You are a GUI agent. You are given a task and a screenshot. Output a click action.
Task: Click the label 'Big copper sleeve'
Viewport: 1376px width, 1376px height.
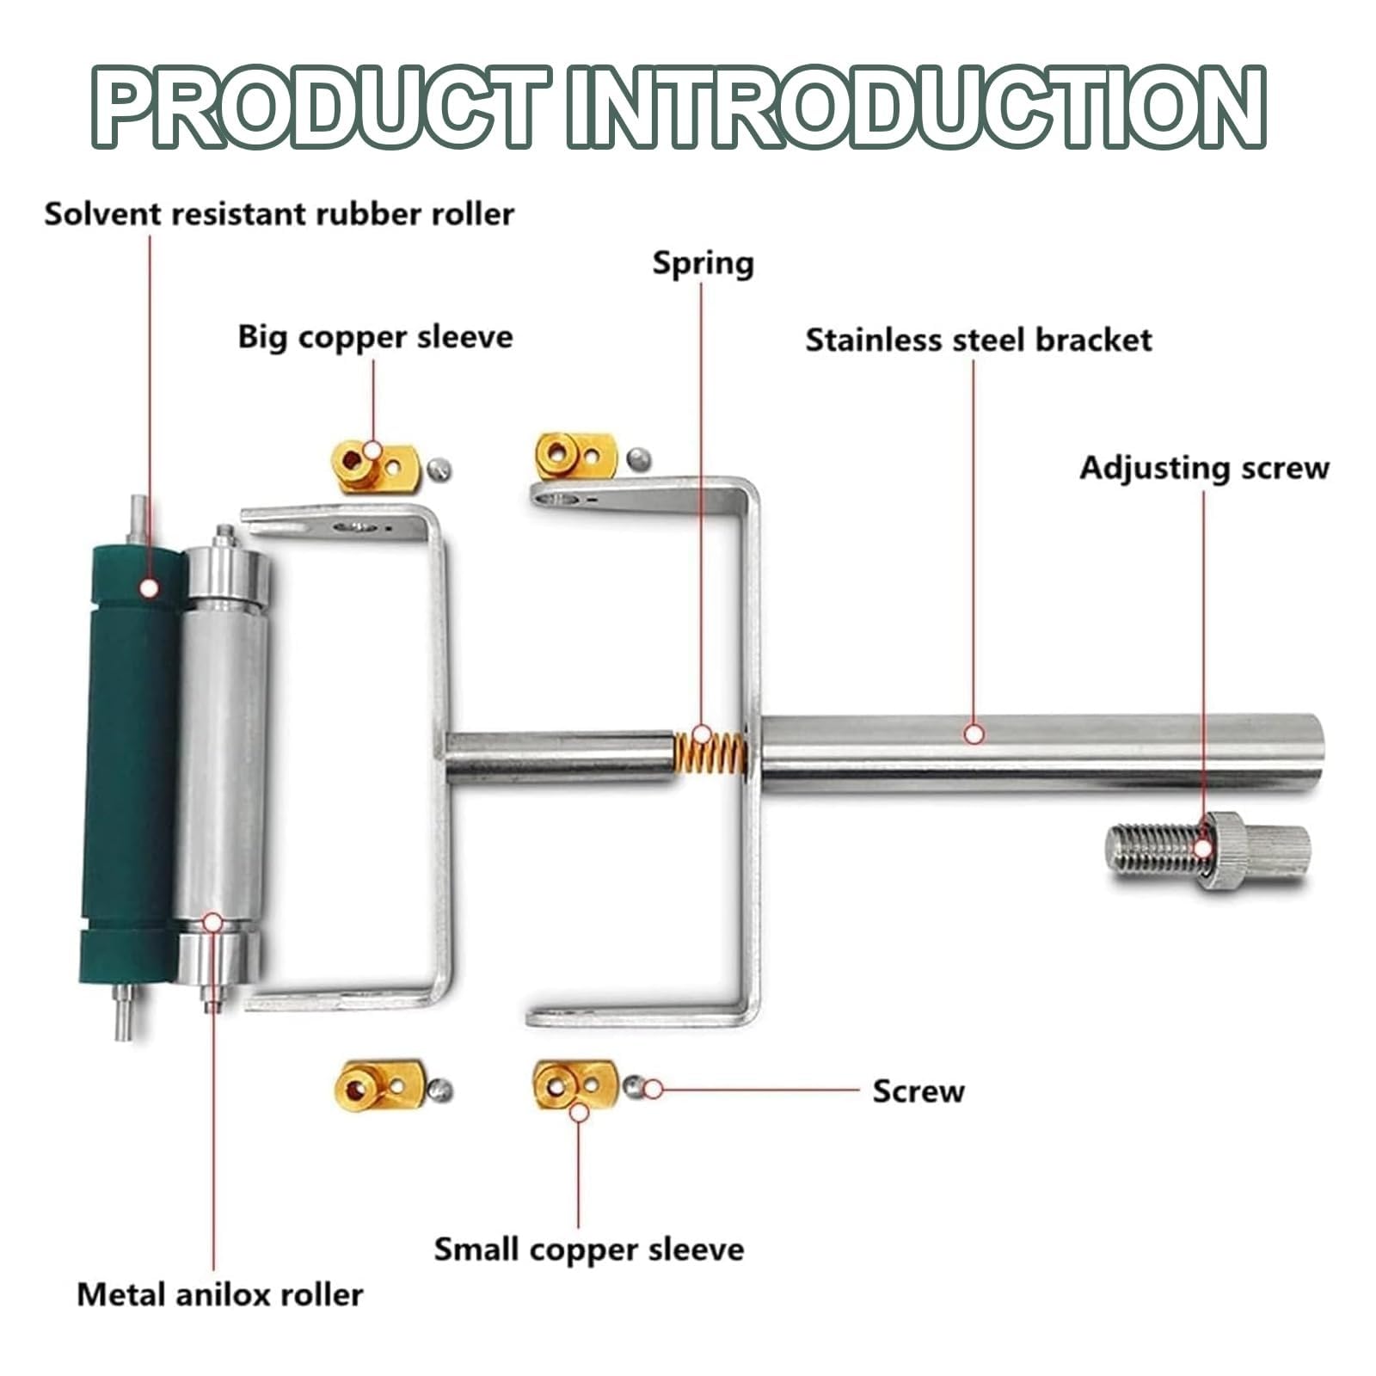coord(375,336)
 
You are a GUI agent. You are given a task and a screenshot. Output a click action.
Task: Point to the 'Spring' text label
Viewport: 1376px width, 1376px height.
coord(703,263)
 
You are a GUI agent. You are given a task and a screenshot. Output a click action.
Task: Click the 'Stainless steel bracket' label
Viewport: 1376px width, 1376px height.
coord(979,340)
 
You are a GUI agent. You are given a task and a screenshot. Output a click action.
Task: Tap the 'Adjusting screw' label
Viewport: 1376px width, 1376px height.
coord(1204,469)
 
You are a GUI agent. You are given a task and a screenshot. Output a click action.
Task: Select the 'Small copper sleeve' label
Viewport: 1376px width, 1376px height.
coord(588,1250)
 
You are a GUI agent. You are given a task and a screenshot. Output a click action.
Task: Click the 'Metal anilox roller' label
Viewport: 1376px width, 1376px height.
coord(220,1294)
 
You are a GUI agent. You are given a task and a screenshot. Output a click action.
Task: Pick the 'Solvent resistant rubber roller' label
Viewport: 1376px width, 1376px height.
coord(279,213)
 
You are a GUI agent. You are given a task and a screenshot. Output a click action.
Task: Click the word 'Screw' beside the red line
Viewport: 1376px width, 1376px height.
coord(918,1091)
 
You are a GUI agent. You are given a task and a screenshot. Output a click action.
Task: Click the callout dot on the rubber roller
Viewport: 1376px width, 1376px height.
coord(149,587)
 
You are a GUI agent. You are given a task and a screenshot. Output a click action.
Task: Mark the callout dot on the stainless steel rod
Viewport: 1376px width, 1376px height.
coord(974,734)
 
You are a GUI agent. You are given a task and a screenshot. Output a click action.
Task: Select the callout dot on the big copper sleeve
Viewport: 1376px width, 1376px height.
coord(372,450)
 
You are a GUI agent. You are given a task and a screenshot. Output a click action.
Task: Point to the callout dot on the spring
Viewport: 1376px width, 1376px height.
coord(702,734)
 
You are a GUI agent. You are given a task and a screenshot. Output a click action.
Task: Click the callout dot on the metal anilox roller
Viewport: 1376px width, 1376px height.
coord(213,923)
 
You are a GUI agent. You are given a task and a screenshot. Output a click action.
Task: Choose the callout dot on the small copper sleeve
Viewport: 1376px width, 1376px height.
coord(580,1112)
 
